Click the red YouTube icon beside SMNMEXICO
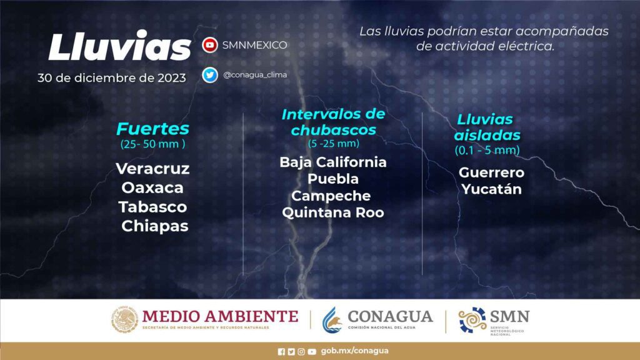tap(210, 45)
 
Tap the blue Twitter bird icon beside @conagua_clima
tap(210, 75)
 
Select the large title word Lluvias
tap(119, 47)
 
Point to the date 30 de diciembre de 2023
tap(112, 78)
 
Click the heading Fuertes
tap(152, 129)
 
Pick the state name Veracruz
tap(152, 169)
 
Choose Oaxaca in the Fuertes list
tap(152, 187)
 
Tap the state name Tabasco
tap(152, 207)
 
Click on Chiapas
tap(155, 226)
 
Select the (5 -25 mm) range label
tap(334, 144)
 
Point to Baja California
tap(333, 162)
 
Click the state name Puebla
tap(333, 179)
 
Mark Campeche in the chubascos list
tap(331, 196)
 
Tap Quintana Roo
tap(333, 212)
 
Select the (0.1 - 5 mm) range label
tap(487, 151)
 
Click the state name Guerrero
tap(491, 172)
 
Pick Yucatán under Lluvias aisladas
tap(491, 189)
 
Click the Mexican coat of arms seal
tap(124, 319)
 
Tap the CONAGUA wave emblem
tap(332, 320)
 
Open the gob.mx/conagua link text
tap(355, 351)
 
